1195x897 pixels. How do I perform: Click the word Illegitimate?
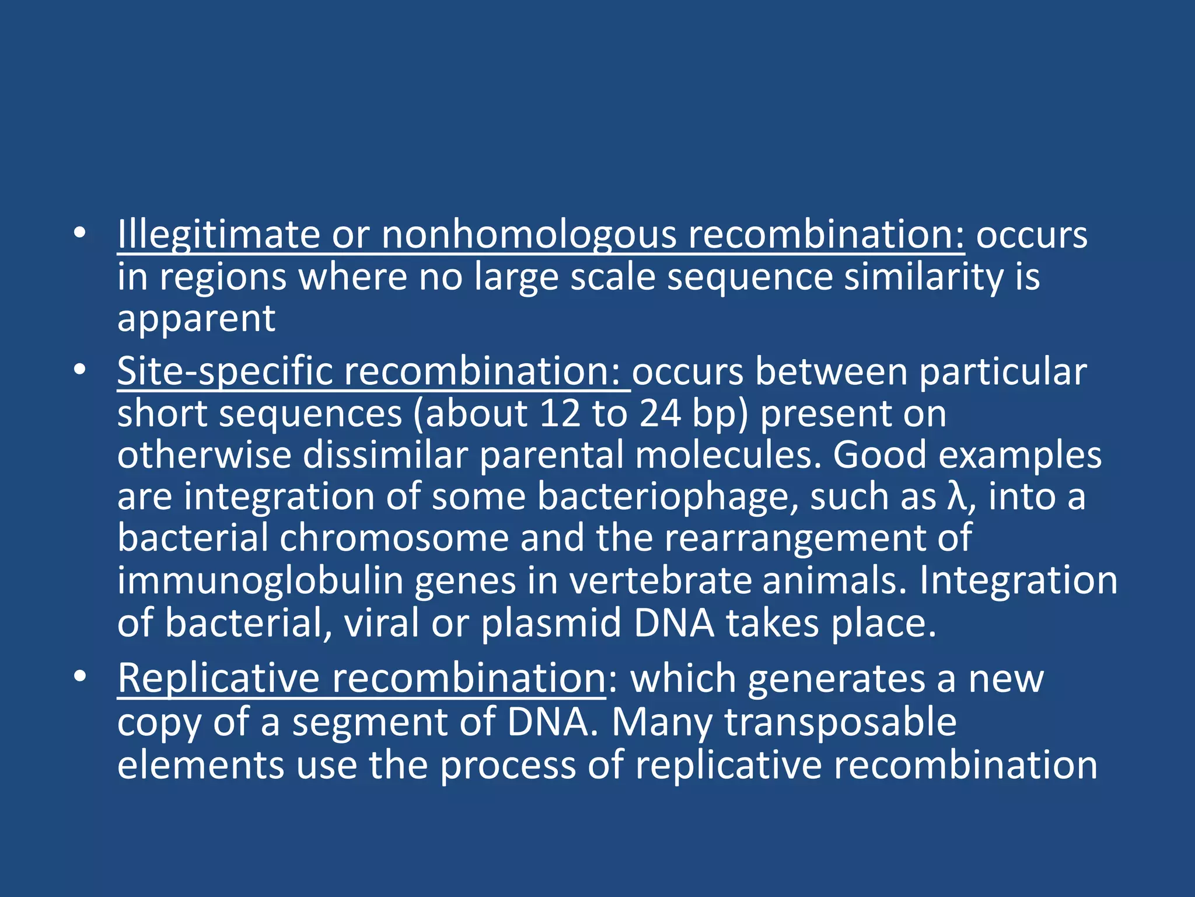[218, 235]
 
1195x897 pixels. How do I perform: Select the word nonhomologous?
[528, 235]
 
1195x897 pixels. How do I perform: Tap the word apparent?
[196, 320]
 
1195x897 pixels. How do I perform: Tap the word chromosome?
[394, 538]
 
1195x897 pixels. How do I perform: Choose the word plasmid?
[551, 623]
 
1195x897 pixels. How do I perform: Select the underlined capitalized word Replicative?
[218, 679]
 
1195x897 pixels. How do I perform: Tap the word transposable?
[841, 723]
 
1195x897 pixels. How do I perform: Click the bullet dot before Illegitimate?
[80, 234]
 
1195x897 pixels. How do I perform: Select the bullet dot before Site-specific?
[80, 370]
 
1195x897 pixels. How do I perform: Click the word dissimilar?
[386, 455]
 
